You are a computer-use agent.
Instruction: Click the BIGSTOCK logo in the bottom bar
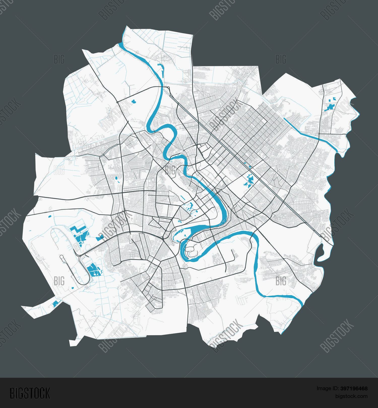pos(30,393)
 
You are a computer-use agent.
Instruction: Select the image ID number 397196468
pos(354,389)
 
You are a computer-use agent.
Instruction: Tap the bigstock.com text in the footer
pos(351,396)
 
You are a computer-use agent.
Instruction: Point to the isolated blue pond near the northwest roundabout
pos(134,102)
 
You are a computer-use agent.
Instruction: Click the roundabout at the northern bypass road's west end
pos(117,102)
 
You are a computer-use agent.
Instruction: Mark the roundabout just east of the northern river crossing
pos(169,88)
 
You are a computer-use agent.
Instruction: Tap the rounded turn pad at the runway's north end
pos(61,257)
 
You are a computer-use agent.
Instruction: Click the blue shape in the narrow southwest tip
pos(55,304)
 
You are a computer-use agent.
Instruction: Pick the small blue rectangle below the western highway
pos(50,216)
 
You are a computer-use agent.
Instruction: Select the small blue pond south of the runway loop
pos(73,288)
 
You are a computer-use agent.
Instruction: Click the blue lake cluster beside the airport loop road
pos(93,270)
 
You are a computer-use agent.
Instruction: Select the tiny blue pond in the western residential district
pos(116,178)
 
